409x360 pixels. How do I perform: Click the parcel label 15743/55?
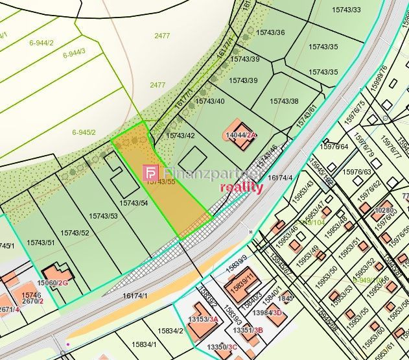tap(159, 182)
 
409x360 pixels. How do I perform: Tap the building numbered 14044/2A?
tap(239, 135)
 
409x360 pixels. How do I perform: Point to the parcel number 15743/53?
tap(103, 216)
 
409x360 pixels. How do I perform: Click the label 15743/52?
tap(75, 232)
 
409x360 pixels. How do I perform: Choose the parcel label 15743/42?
tap(180, 136)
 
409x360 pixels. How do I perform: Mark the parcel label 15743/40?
tap(210, 101)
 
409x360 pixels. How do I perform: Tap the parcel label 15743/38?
tap(284, 101)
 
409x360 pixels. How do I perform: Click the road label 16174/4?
tap(280, 178)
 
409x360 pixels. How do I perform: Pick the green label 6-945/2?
tap(84, 132)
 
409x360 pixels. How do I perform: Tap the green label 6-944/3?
tap(74, 54)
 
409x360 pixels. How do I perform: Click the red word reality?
tap(241, 187)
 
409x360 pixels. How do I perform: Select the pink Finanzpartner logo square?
tap(151, 173)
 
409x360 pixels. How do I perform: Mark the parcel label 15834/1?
tap(145, 344)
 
